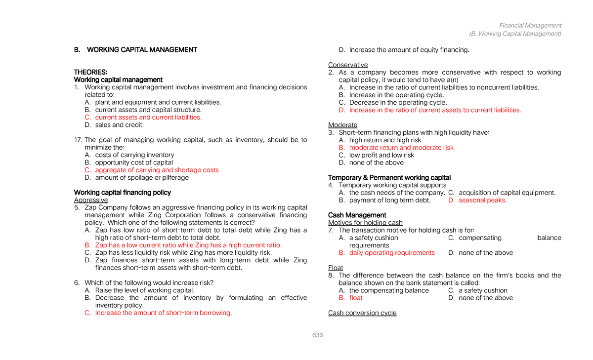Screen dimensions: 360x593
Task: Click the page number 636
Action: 317,335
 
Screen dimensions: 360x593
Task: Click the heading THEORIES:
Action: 90,72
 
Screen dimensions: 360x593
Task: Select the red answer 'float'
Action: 356,298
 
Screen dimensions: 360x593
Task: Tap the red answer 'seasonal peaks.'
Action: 483,200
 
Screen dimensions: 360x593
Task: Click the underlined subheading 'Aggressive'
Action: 91,200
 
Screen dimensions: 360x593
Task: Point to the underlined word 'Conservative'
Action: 348,65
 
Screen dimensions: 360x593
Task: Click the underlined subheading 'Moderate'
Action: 342,125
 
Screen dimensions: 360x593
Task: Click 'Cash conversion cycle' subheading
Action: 362,313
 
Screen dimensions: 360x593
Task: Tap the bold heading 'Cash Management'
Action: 357,215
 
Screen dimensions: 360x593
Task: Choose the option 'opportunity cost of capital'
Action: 134,162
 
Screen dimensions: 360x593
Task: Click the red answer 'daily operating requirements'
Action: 392,252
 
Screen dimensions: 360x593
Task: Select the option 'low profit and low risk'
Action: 381,155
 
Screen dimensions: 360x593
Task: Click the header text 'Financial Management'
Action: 530,25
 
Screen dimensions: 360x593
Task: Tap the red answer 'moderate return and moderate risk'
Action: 401,147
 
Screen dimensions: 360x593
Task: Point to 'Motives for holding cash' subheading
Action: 365,223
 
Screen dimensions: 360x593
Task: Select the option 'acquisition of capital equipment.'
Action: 507,193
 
